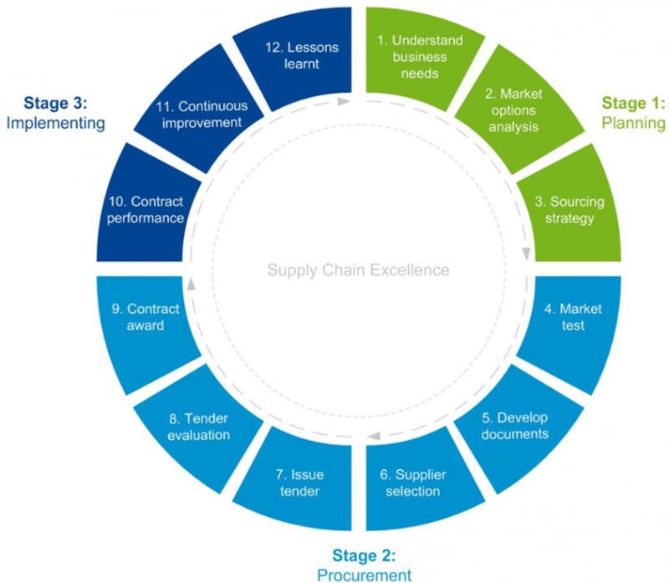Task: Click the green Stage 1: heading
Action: (633, 104)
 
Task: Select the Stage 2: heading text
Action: (364, 555)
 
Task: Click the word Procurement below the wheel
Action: (364, 574)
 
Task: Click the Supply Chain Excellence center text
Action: (358, 270)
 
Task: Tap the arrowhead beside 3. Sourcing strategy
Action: (526, 253)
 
